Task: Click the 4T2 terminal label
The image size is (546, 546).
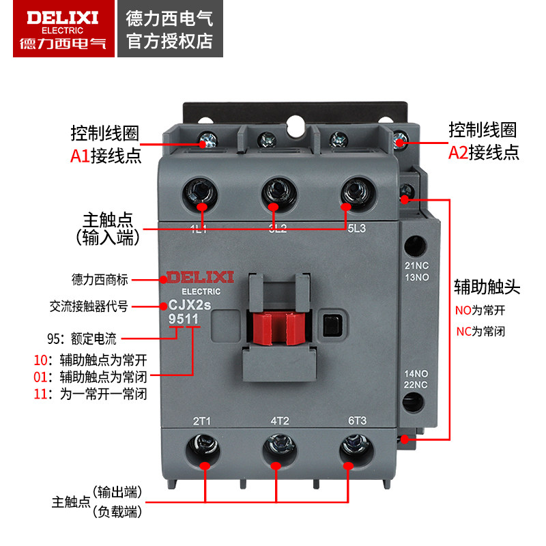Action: click(280, 420)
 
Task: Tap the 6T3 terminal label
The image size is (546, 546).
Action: click(357, 420)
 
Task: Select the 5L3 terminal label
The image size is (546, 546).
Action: click(356, 229)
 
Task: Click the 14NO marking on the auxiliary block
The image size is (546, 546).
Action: click(416, 374)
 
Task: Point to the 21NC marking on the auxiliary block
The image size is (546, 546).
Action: click(416, 266)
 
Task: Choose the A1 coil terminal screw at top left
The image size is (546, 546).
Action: click(209, 141)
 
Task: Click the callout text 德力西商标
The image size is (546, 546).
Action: click(99, 279)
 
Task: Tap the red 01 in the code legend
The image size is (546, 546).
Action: click(42, 376)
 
